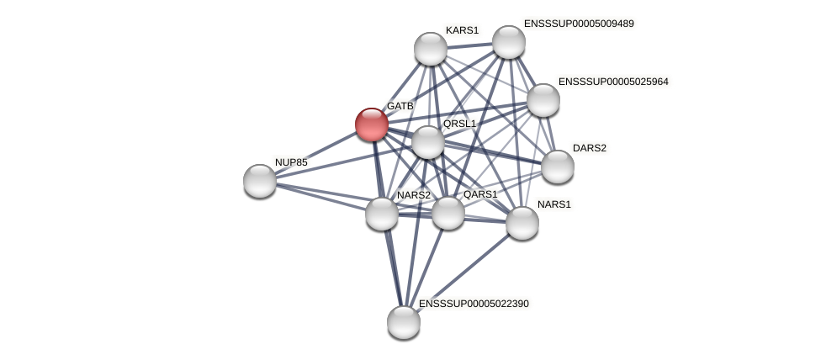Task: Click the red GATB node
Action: click(x=371, y=124)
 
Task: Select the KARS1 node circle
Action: click(x=431, y=49)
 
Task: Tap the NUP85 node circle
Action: click(x=260, y=181)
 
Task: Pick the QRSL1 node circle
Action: click(x=428, y=142)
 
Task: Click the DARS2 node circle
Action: click(x=558, y=167)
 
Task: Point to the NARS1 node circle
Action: click(x=522, y=223)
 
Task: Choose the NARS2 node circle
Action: click(x=382, y=214)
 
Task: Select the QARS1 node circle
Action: click(x=448, y=213)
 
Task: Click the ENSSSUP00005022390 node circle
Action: click(x=404, y=322)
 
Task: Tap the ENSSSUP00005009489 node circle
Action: click(x=509, y=42)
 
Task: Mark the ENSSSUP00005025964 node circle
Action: click(x=543, y=100)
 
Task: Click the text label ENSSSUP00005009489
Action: click(x=579, y=24)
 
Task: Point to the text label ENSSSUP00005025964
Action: click(x=613, y=82)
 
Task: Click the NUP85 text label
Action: click(x=291, y=162)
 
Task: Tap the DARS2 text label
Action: click(x=589, y=148)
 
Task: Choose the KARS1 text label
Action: click(x=462, y=30)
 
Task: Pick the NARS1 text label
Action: click(x=554, y=204)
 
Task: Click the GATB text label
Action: click(x=400, y=106)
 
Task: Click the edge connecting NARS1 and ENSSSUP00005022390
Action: click(x=463, y=273)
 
